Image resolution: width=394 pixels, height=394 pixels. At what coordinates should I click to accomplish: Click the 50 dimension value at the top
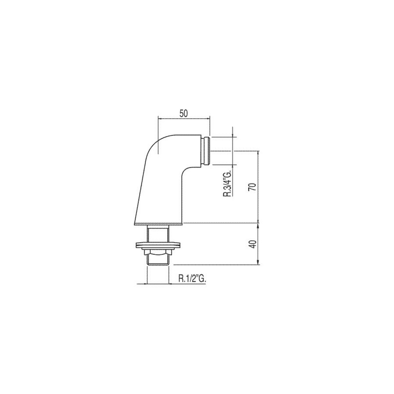coord(184,113)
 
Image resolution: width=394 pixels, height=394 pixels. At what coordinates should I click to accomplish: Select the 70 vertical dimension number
coord(252,186)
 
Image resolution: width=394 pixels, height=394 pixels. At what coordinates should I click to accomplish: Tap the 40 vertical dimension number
coord(252,244)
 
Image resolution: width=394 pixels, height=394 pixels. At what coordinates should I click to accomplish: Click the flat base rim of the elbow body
coord(158,224)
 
